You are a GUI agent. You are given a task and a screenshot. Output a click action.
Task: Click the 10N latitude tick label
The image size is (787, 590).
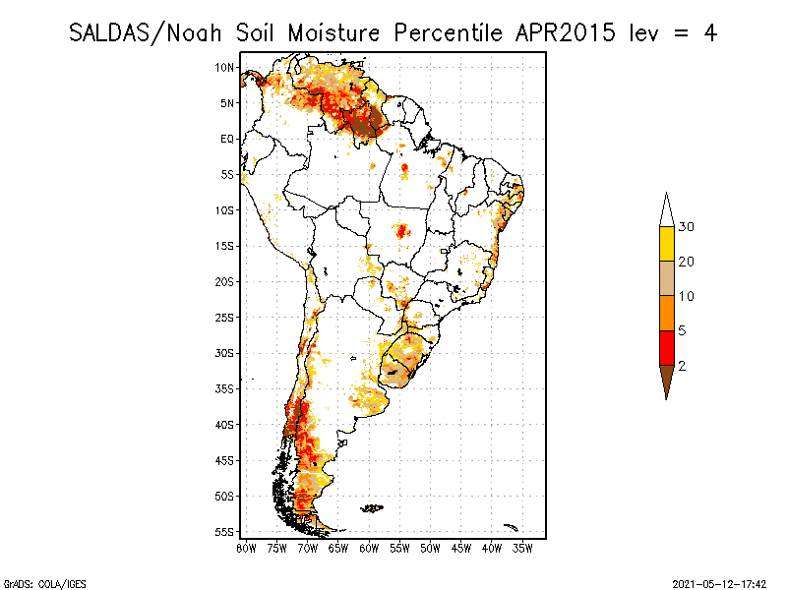click(x=225, y=67)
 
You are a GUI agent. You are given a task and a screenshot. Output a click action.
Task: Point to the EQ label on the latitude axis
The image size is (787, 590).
click(x=227, y=139)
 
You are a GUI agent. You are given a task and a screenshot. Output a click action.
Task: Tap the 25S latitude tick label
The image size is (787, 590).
click(x=225, y=317)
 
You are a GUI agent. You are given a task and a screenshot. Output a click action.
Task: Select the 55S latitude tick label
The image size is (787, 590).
click(x=225, y=531)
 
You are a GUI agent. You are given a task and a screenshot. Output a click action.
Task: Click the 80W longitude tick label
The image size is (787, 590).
click(x=246, y=547)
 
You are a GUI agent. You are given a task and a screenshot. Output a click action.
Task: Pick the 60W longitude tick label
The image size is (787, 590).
click(x=369, y=547)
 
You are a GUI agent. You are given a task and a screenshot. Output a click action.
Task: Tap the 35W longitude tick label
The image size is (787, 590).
click(x=522, y=547)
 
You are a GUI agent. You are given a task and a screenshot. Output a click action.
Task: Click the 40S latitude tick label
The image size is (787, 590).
click(x=225, y=424)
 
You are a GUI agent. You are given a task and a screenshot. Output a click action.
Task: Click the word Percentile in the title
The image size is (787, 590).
click(x=446, y=32)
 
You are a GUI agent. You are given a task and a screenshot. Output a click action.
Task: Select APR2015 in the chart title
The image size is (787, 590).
click(x=561, y=32)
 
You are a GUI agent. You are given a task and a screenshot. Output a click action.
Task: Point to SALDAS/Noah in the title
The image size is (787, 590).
click(x=149, y=32)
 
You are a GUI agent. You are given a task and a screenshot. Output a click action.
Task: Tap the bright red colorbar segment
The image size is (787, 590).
click(x=667, y=347)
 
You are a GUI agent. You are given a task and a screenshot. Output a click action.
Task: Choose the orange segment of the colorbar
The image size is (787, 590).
click(x=667, y=313)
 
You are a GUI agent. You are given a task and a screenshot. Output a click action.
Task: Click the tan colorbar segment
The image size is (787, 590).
click(x=667, y=278)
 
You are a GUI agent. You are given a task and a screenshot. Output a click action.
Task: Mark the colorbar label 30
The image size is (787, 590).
click(x=687, y=227)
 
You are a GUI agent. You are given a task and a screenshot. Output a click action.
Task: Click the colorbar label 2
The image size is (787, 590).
click(x=683, y=365)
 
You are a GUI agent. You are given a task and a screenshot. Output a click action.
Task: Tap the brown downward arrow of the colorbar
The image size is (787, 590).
click(x=667, y=381)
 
